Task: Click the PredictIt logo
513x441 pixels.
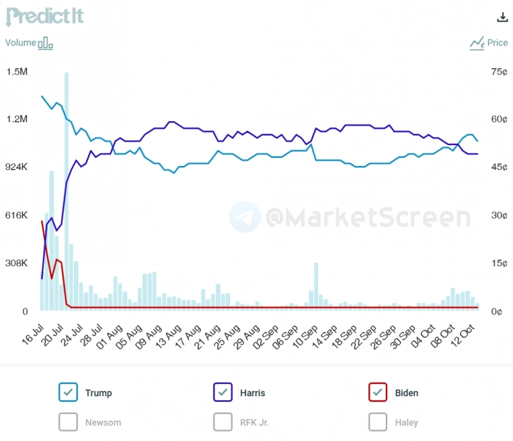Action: (45, 16)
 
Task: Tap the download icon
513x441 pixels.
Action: (501, 17)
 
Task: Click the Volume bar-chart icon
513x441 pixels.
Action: (45, 43)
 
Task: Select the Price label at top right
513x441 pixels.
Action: (497, 43)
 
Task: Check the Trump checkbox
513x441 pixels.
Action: (68, 392)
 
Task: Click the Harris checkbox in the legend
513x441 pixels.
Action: (223, 392)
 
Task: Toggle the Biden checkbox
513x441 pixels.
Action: (378, 392)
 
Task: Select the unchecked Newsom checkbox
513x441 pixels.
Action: (68, 422)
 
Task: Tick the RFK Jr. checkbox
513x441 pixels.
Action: (223, 422)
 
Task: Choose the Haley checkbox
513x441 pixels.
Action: (378, 422)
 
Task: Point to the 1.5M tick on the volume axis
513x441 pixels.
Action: (17, 72)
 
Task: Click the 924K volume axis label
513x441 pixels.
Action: (17, 167)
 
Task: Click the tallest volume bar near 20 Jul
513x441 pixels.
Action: (66, 190)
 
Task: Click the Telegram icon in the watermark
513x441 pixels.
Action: (244, 217)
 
